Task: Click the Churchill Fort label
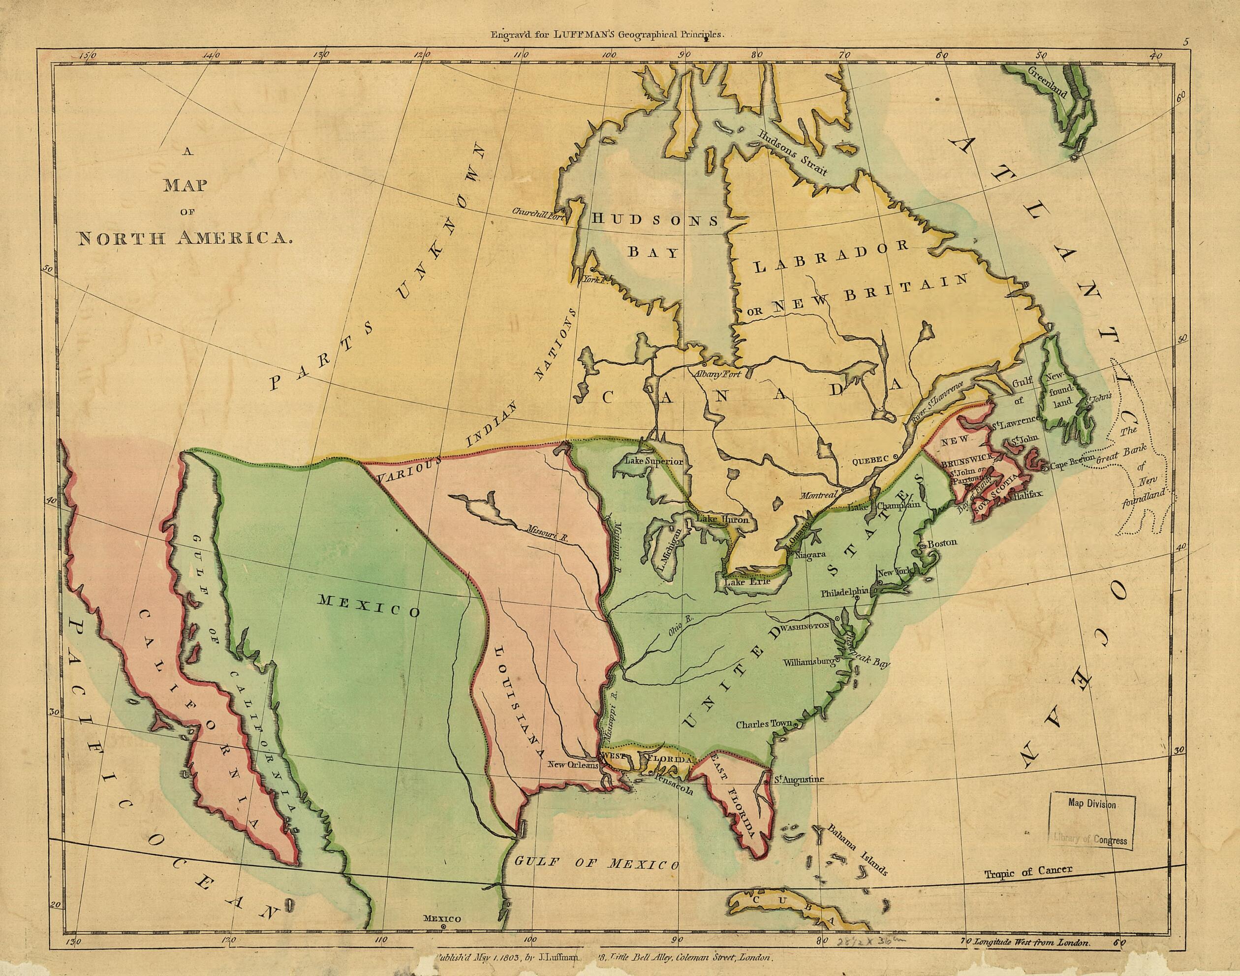point(536,212)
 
